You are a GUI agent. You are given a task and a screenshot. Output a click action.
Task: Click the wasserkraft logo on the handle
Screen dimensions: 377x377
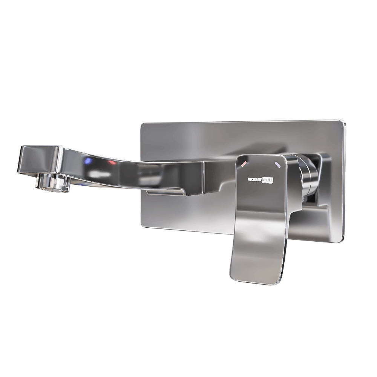(260, 180)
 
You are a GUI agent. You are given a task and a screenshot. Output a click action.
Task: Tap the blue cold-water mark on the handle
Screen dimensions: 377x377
(278, 164)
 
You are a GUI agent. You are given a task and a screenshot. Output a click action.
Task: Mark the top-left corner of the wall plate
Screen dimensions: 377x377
(141, 124)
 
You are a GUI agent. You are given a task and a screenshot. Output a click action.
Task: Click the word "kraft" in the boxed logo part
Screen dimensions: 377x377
(267, 180)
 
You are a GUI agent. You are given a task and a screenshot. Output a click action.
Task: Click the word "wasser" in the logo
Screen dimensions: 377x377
(254, 180)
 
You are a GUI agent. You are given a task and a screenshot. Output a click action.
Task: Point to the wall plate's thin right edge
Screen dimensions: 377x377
(344, 181)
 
